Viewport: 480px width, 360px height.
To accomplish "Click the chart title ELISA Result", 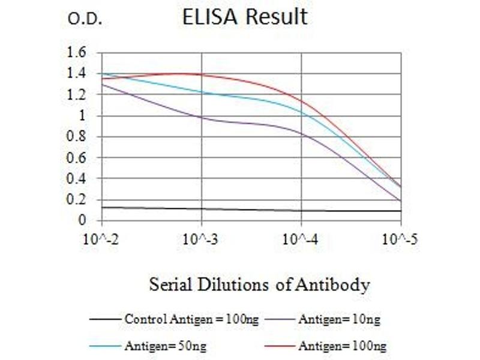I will (x=245, y=17).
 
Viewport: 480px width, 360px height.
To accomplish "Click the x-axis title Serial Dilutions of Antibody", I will (x=259, y=284).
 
